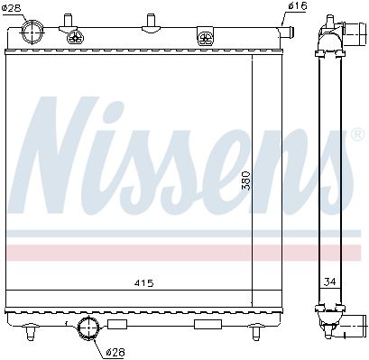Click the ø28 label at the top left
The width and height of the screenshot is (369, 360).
click(12, 8)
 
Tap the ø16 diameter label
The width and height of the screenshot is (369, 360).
click(298, 6)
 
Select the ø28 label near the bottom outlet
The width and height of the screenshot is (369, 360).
click(116, 352)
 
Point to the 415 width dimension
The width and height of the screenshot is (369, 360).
click(143, 283)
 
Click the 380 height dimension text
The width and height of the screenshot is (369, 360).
click(246, 180)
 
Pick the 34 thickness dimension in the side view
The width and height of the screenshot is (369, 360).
click(329, 282)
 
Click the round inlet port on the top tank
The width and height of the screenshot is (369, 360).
click(32, 32)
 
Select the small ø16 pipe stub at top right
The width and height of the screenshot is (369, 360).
click(286, 32)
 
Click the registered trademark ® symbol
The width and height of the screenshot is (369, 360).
click(357, 134)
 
